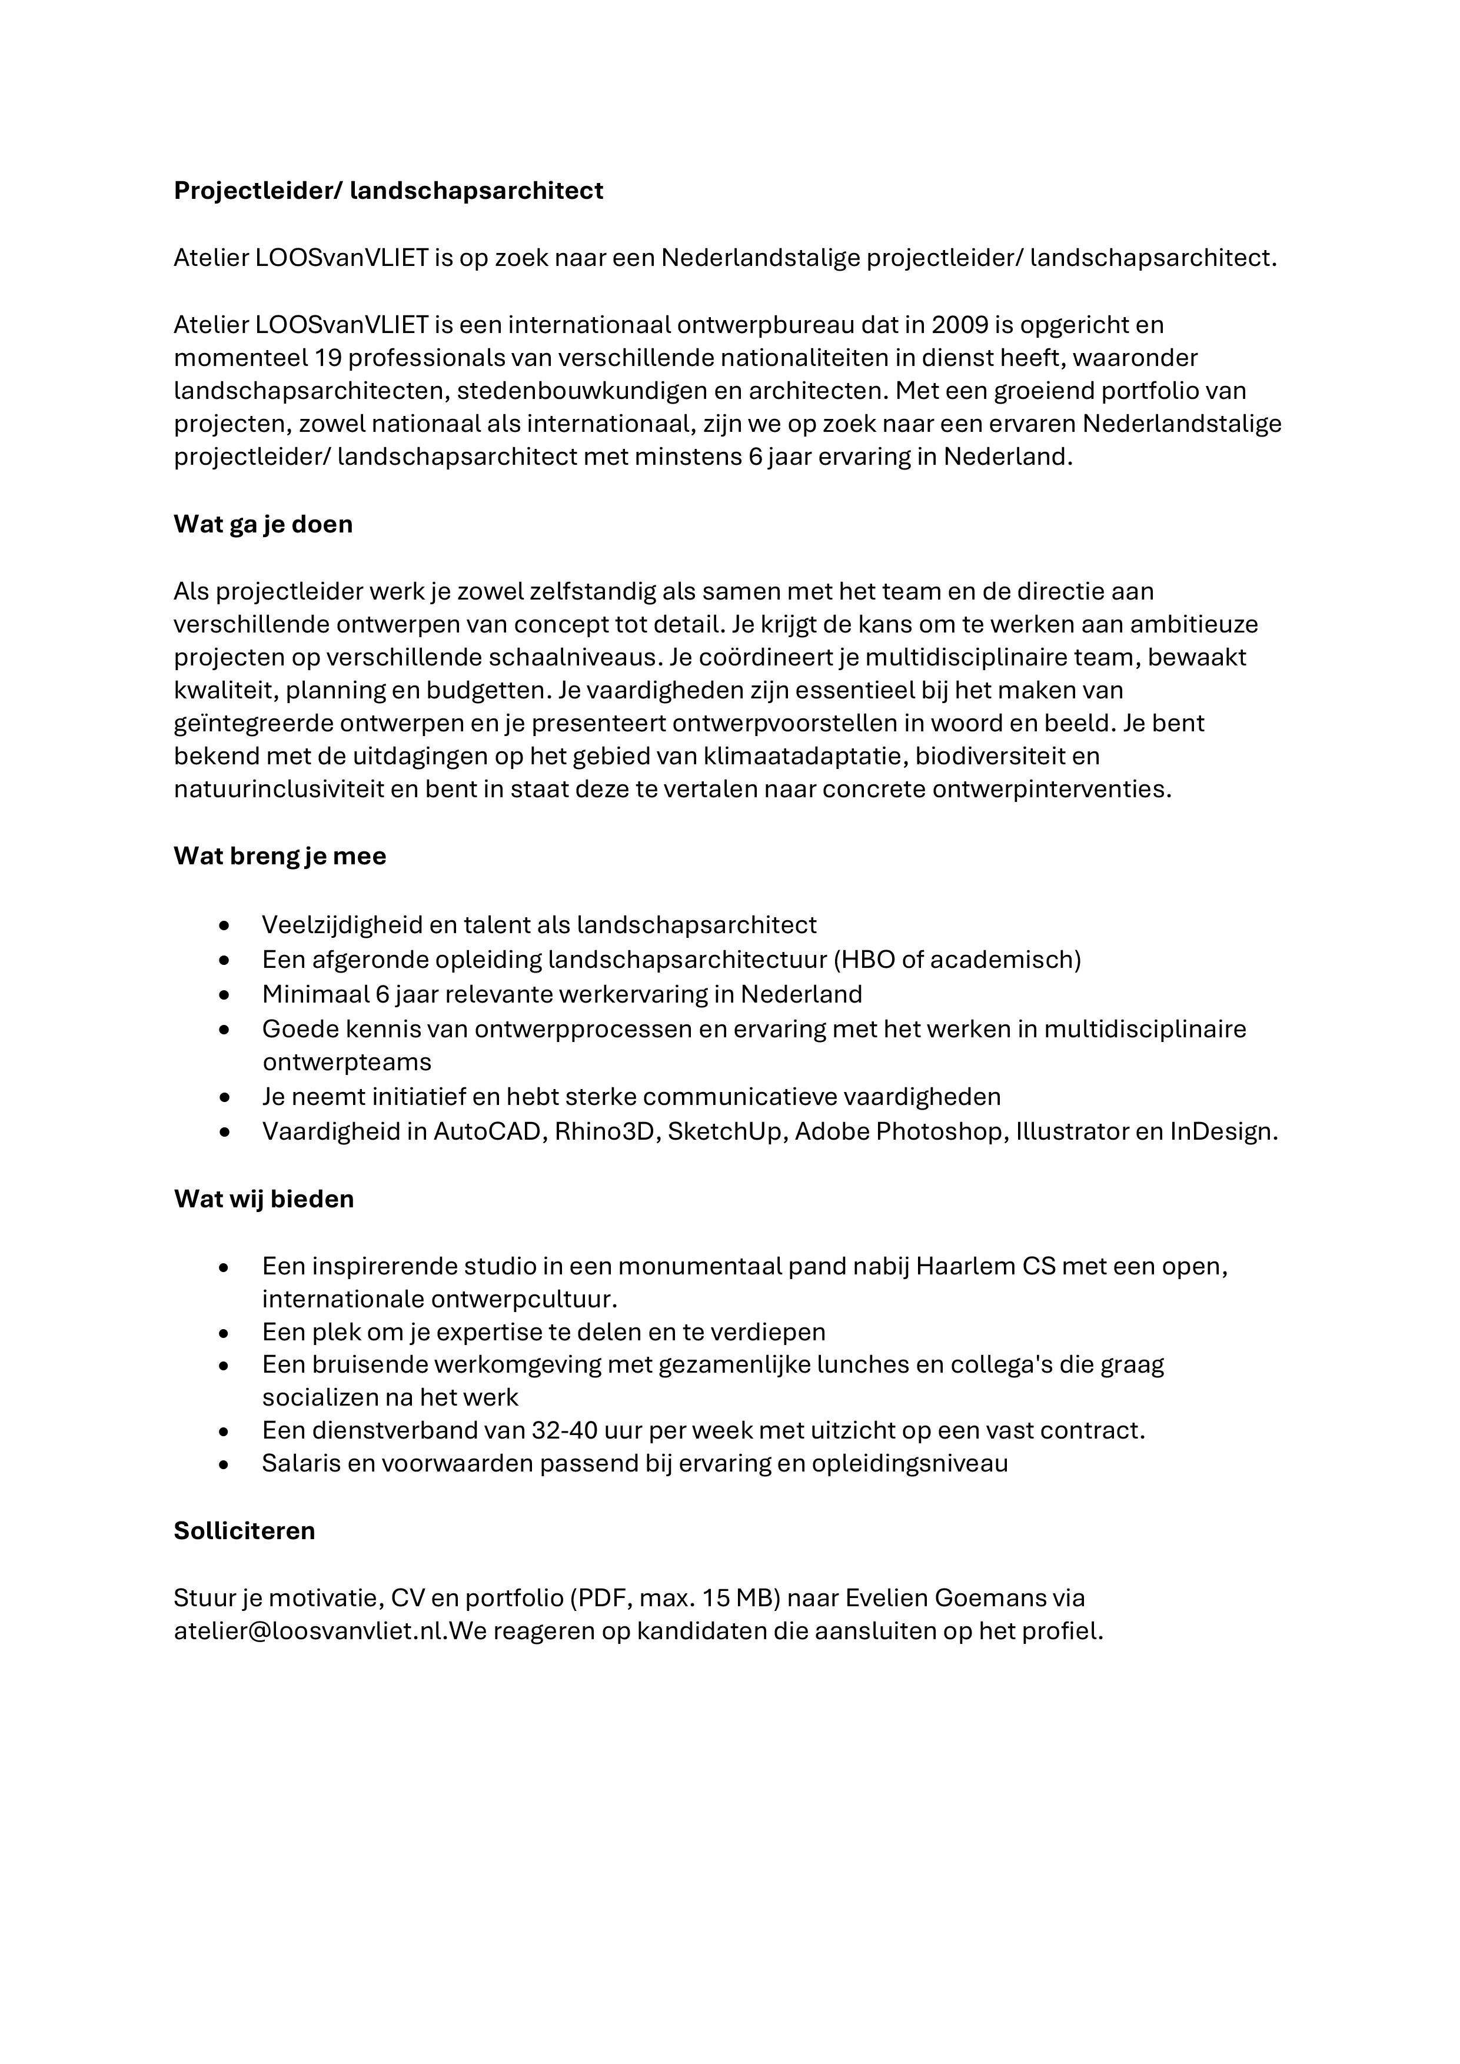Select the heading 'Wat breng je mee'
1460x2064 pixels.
(x=280, y=856)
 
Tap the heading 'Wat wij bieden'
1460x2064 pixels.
(x=264, y=1199)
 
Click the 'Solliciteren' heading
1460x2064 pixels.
(x=245, y=1531)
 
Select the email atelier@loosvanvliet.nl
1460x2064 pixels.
(x=310, y=1632)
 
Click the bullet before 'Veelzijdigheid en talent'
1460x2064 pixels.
(x=224, y=926)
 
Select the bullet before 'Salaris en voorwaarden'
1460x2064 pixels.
(x=224, y=1464)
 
